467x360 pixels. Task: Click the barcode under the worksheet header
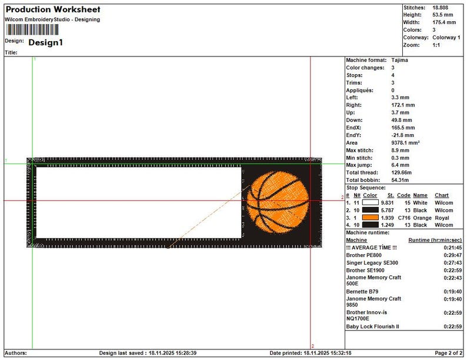(32, 30)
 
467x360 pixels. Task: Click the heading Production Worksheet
(53, 9)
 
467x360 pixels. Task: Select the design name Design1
(45, 42)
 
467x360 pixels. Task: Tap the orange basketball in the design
(278, 202)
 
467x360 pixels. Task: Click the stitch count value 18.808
(440, 8)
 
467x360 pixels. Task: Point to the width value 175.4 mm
(444, 22)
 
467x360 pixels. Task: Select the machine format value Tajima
(400, 60)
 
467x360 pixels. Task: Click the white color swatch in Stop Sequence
(370, 202)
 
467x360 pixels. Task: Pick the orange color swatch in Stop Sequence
(370, 218)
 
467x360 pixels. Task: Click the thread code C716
(404, 218)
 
